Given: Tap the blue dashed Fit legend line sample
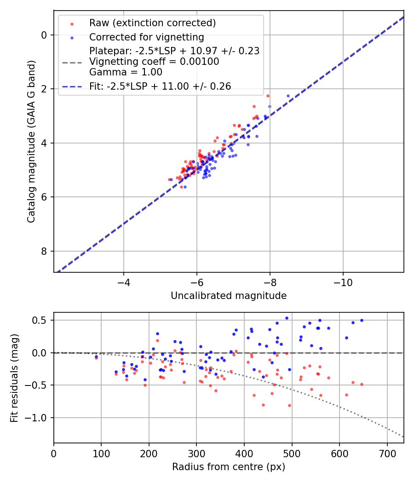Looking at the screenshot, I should coord(72,86).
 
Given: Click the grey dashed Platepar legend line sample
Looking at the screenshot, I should coord(72,62).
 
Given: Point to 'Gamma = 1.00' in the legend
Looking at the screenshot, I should coord(126,72).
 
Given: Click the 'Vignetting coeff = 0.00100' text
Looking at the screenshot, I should coord(154,62).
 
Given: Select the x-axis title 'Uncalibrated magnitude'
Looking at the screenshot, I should coord(229,296).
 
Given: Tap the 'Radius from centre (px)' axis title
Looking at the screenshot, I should coord(229,467).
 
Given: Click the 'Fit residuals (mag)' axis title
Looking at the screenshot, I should coord(14,378).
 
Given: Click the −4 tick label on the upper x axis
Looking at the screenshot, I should coord(123,282).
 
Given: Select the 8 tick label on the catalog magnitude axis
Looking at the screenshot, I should coord(45,251).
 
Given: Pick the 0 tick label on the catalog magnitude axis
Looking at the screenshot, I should coord(45,35).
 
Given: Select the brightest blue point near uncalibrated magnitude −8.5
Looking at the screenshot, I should coord(288,96).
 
